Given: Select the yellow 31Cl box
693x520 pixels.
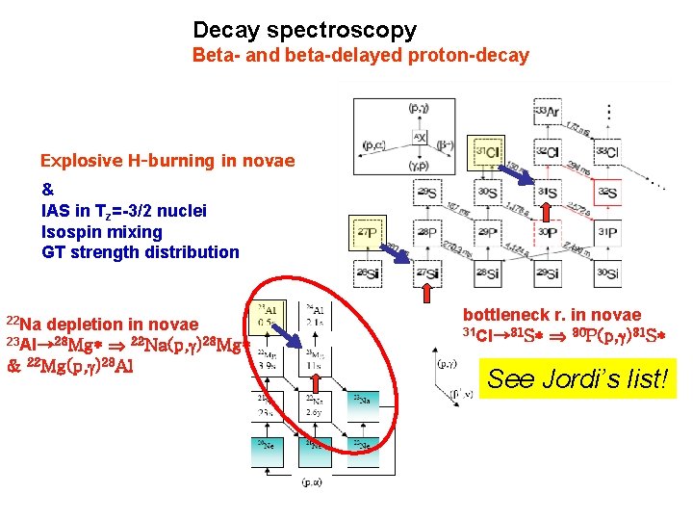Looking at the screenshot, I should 488,153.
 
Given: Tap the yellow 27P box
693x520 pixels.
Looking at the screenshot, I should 368,232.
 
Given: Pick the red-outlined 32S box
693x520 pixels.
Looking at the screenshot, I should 606,193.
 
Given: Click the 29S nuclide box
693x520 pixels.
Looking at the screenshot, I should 428,193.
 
